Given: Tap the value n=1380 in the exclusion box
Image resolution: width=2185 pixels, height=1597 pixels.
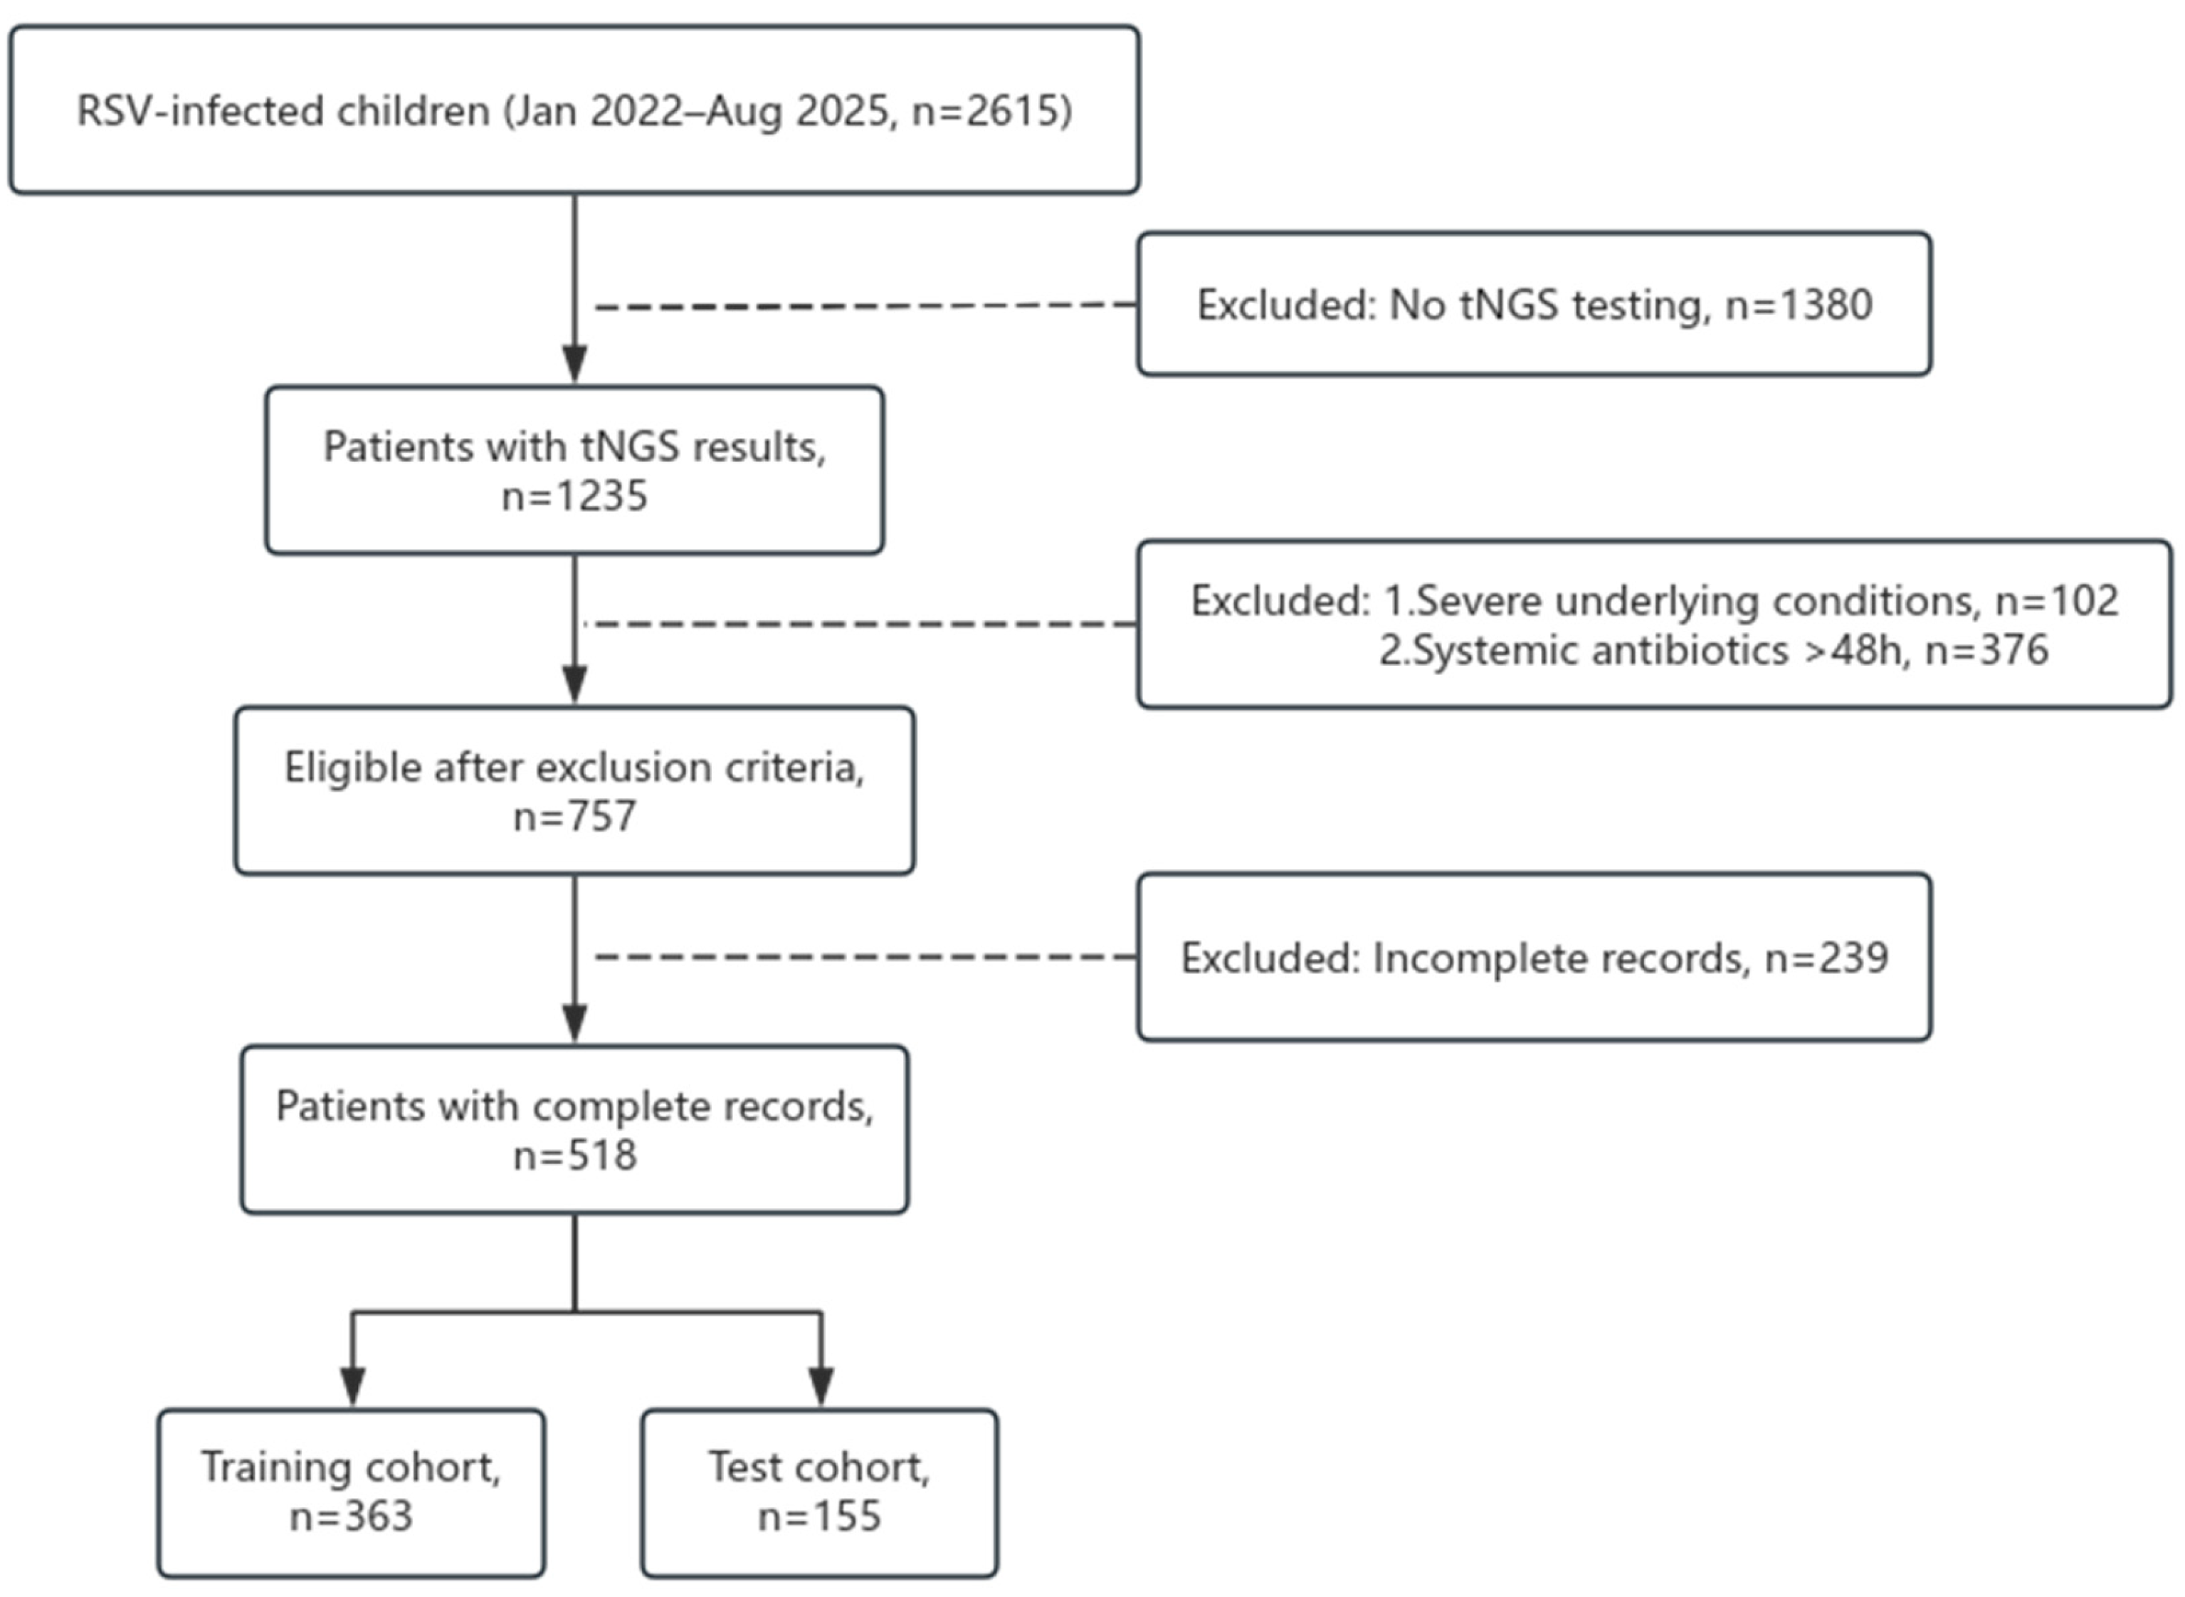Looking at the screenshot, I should pyautogui.click(x=1799, y=305).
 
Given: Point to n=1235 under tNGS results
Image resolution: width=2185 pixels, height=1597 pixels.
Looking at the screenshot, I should pyautogui.click(x=574, y=496).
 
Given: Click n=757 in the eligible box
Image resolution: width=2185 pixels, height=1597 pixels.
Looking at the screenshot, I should pyautogui.click(x=574, y=816).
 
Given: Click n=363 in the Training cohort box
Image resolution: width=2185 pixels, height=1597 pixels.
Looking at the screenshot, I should pyautogui.click(x=351, y=1516).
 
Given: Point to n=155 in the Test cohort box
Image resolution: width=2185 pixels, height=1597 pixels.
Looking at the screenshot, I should pyautogui.click(x=818, y=1516).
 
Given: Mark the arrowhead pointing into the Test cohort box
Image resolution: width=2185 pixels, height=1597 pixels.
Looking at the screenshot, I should pyautogui.click(x=821, y=1386).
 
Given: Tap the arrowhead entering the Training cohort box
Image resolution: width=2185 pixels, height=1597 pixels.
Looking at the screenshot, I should pyautogui.click(x=353, y=1386).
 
